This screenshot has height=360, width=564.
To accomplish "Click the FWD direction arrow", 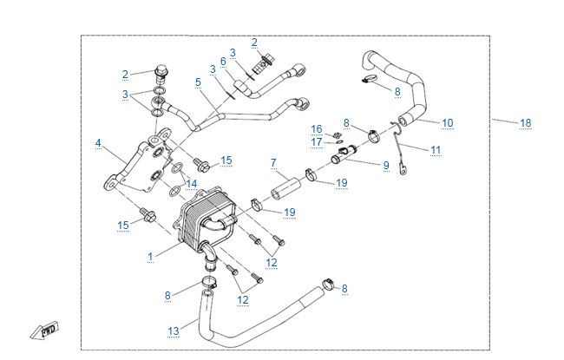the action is click(x=44, y=331).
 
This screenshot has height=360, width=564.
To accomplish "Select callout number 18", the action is click(x=525, y=123).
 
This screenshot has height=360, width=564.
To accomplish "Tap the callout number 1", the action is click(x=150, y=257).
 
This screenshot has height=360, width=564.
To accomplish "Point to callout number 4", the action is click(x=98, y=143).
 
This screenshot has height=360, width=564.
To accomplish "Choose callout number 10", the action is click(x=447, y=123).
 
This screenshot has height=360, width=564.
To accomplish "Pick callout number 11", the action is click(x=436, y=149).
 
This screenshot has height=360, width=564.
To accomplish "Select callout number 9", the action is click(x=386, y=166).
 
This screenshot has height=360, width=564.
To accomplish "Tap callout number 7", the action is click(x=273, y=163).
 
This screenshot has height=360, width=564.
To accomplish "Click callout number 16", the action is click(x=317, y=129).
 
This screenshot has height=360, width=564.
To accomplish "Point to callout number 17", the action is click(x=317, y=142).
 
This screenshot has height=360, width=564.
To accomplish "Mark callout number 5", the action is click(x=198, y=82).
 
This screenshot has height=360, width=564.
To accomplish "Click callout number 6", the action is click(x=223, y=62).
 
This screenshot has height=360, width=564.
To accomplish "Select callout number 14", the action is click(x=192, y=184).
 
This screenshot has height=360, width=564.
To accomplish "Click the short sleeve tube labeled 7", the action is click(x=286, y=188).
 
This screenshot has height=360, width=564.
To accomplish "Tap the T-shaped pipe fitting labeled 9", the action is click(x=343, y=154).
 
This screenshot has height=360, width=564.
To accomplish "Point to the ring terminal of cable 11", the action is click(x=403, y=171).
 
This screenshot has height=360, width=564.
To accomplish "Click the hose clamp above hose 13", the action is click(x=208, y=282).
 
